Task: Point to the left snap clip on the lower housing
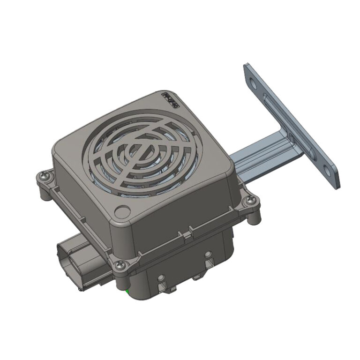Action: coord(163,281)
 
